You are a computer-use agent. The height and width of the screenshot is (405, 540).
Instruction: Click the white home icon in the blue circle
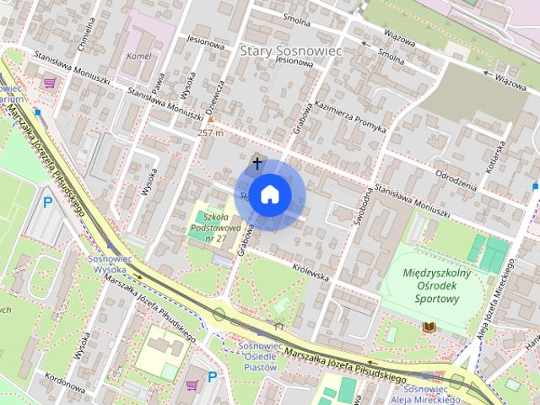[269, 194]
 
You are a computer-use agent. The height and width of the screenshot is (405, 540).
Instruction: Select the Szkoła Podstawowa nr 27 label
[217, 228]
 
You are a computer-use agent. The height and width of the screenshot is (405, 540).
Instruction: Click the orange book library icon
[429, 326]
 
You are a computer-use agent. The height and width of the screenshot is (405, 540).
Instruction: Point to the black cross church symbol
[257, 161]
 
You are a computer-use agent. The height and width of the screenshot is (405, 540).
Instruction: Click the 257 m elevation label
[211, 132]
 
